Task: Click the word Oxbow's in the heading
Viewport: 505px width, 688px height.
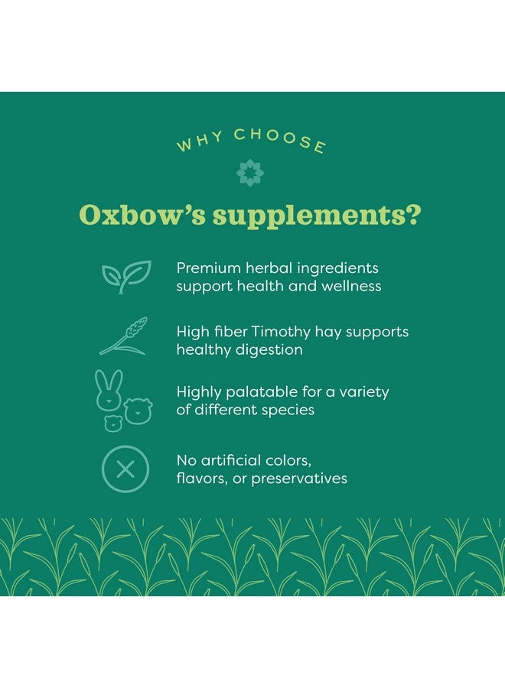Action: tap(142, 215)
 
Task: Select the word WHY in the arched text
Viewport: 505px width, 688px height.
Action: tap(200, 141)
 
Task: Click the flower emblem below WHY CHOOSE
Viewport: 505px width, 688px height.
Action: tap(250, 173)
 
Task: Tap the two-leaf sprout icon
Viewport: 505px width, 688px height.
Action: tap(126, 277)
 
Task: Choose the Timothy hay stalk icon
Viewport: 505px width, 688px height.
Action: tap(123, 336)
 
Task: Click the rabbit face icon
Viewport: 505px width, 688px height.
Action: tap(109, 390)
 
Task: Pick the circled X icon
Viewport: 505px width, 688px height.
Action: tap(125, 469)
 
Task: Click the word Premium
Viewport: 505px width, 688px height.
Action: tap(209, 268)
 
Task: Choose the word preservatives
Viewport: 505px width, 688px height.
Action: tap(299, 479)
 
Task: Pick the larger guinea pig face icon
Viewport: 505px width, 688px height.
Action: tap(138, 411)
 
